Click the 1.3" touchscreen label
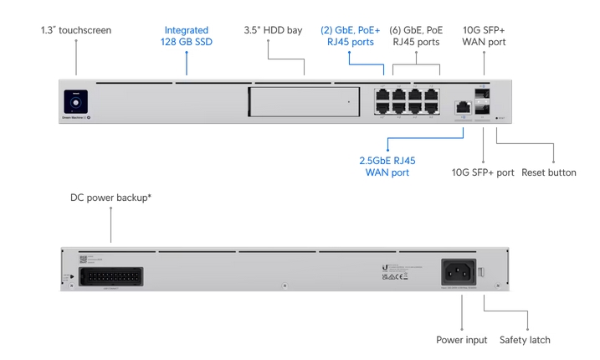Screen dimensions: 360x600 75,30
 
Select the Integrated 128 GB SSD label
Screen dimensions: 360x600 186,36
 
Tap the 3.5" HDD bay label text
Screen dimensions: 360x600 273,30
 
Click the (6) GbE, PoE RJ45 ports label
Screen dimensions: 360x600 415,36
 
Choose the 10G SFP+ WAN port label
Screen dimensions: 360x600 484,36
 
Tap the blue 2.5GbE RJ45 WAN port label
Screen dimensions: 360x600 387,167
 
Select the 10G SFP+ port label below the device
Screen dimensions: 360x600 483,173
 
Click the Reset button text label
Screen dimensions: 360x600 549,173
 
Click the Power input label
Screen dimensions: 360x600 461,340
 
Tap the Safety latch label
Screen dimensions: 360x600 525,340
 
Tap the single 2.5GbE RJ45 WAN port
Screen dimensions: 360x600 461,107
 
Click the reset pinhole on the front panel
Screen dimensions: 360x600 499,118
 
